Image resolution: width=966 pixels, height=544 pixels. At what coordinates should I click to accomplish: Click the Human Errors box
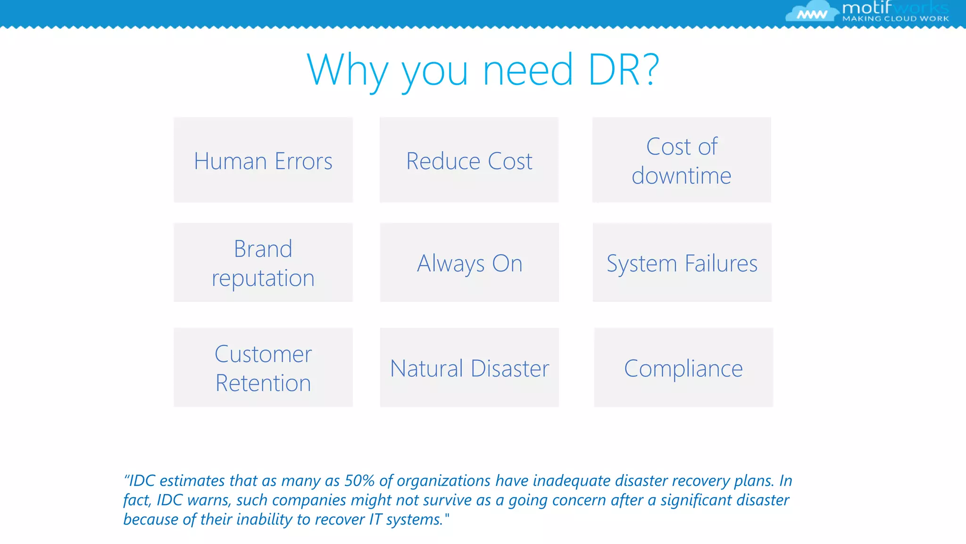pyautogui.click(x=263, y=160)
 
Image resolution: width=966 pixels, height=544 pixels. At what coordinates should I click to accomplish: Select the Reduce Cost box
pyautogui.click(x=469, y=160)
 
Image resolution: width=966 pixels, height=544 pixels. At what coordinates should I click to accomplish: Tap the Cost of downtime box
pyautogui.click(x=682, y=160)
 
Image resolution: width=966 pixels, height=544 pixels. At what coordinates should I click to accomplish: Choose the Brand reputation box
pyautogui.click(x=263, y=263)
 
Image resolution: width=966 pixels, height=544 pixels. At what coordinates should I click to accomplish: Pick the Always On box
pyautogui.click(x=469, y=263)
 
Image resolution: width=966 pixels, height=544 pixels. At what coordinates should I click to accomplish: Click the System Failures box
pyautogui.click(x=682, y=263)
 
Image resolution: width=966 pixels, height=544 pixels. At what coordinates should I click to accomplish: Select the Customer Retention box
pyautogui.click(x=263, y=367)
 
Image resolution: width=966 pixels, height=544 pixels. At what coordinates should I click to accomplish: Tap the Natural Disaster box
pyautogui.click(x=469, y=367)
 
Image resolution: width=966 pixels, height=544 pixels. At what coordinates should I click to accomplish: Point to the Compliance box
pyautogui.click(x=683, y=367)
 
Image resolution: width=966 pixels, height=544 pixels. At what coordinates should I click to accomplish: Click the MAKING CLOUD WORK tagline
pyautogui.click(x=895, y=19)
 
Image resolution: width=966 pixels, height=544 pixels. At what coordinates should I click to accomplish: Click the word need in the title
pyautogui.click(x=528, y=70)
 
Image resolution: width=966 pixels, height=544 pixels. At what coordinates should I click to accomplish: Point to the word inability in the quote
pyautogui.click(x=264, y=519)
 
